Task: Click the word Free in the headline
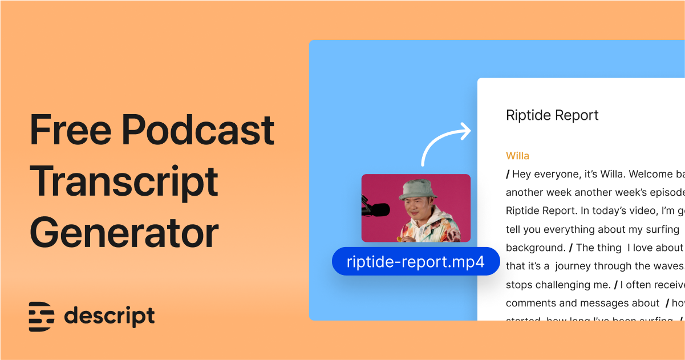pos(70,130)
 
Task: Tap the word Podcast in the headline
pos(198,130)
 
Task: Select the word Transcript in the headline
pos(124,182)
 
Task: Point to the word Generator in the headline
pos(124,233)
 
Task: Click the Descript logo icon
pos(42,317)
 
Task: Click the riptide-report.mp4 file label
pos(415,261)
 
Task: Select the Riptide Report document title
pos(552,115)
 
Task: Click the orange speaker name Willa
pos(517,156)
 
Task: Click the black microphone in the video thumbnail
pos(374,208)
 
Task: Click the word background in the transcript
pos(534,248)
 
